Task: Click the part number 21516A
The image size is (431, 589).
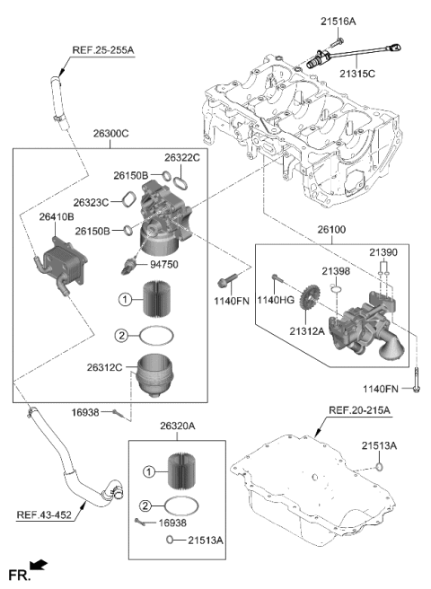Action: pyautogui.click(x=338, y=20)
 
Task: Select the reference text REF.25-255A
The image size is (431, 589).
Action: pyautogui.click(x=102, y=51)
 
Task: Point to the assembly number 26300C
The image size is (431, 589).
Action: pyautogui.click(x=110, y=133)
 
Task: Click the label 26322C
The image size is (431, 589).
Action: pyautogui.click(x=183, y=157)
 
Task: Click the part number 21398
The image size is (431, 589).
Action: pyautogui.click(x=336, y=270)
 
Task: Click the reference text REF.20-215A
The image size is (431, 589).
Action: pyautogui.click(x=359, y=410)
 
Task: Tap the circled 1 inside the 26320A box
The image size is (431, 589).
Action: pyautogui.click(x=152, y=470)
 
